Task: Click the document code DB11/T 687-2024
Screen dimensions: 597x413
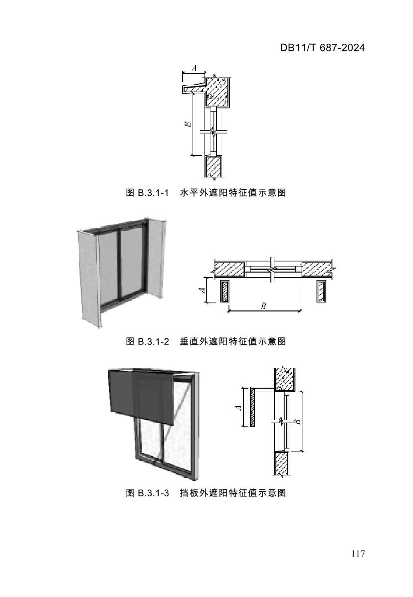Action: point(322,48)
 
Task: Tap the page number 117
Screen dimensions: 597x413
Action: point(358,554)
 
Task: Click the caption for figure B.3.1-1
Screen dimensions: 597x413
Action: point(206,192)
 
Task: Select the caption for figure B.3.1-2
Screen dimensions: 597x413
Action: point(206,341)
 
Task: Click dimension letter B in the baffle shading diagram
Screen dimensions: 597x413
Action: point(297,422)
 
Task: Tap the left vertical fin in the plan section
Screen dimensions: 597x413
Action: point(224,292)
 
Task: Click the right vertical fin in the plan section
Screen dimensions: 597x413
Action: point(320,292)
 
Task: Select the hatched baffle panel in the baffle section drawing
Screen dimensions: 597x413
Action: point(253,408)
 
